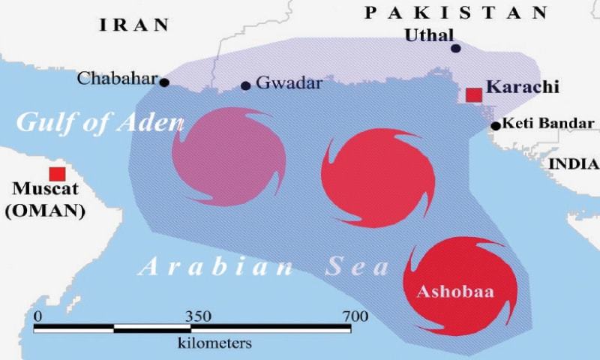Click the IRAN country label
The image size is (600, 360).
134,24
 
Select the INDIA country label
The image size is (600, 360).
574,164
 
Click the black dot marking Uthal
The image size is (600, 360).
455,48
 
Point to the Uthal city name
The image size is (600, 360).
429,34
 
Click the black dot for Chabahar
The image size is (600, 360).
164,82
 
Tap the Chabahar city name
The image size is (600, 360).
118,78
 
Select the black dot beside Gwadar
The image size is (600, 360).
245,85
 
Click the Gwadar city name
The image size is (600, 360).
289,83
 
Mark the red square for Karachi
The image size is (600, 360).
474,94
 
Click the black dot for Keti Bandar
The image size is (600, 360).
496,126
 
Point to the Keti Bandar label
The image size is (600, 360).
547,124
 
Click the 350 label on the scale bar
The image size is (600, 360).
198,316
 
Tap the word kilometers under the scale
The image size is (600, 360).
214,343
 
